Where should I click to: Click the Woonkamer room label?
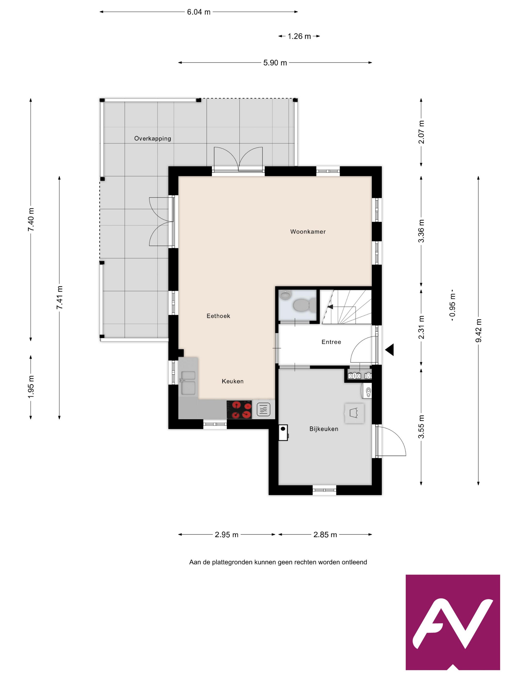tap(308, 232)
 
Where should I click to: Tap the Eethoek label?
tap(218, 316)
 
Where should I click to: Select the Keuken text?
tap(232, 381)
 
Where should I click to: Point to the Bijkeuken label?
tap(324, 429)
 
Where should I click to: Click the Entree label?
tap(331, 342)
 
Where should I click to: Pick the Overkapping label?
tap(152, 138)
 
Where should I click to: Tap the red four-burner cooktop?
tap(239, 410)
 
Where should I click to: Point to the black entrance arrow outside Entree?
tap(390, 350)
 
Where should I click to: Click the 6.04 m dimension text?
tap(199, 12)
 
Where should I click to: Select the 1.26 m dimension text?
tap(299, 36)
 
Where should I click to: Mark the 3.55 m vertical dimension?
tap(421, 426)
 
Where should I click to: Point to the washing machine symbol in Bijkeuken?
tap(354, 413)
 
